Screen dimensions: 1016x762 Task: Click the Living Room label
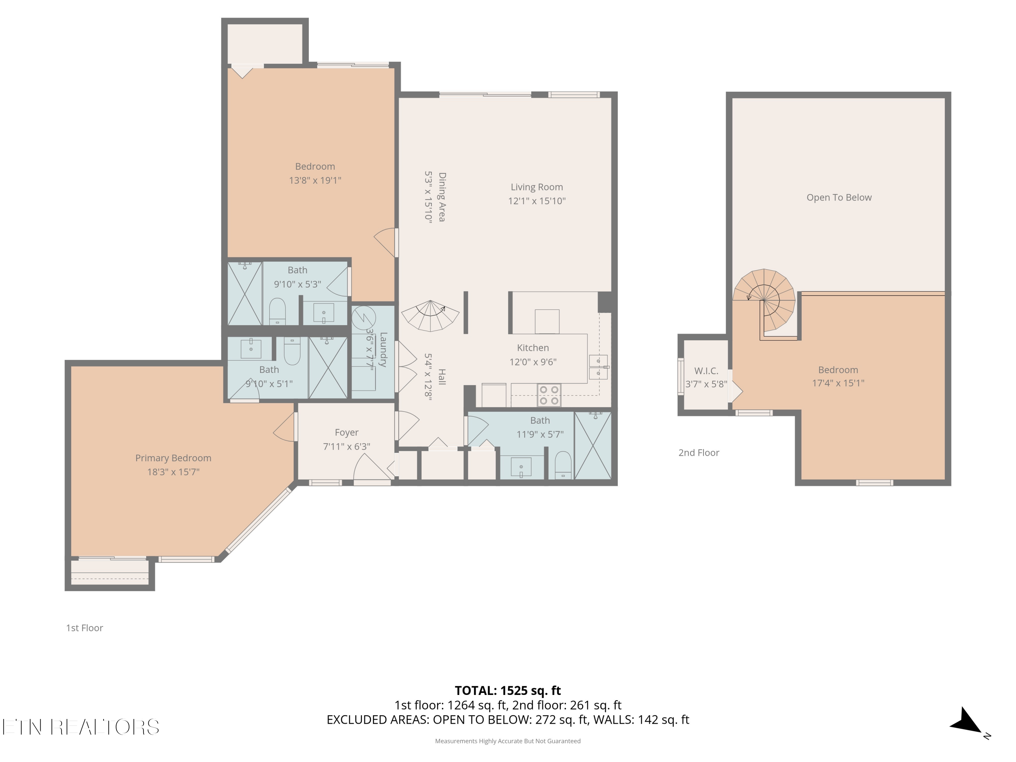point(536,187)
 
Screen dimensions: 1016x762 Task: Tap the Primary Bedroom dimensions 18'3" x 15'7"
point(173,472)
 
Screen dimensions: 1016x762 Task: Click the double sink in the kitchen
point(598,367)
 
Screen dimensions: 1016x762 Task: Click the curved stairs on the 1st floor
point(430,316)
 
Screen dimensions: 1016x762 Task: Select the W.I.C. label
point(706,371)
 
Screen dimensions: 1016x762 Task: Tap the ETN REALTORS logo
point(81,727)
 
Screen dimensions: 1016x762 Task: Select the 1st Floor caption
point(85,628)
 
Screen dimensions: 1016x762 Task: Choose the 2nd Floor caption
point(699,452)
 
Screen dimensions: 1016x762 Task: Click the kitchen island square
point(547,321)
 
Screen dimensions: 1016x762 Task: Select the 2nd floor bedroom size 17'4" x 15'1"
point(838,383)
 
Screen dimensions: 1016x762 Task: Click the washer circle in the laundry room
point(364,317)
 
